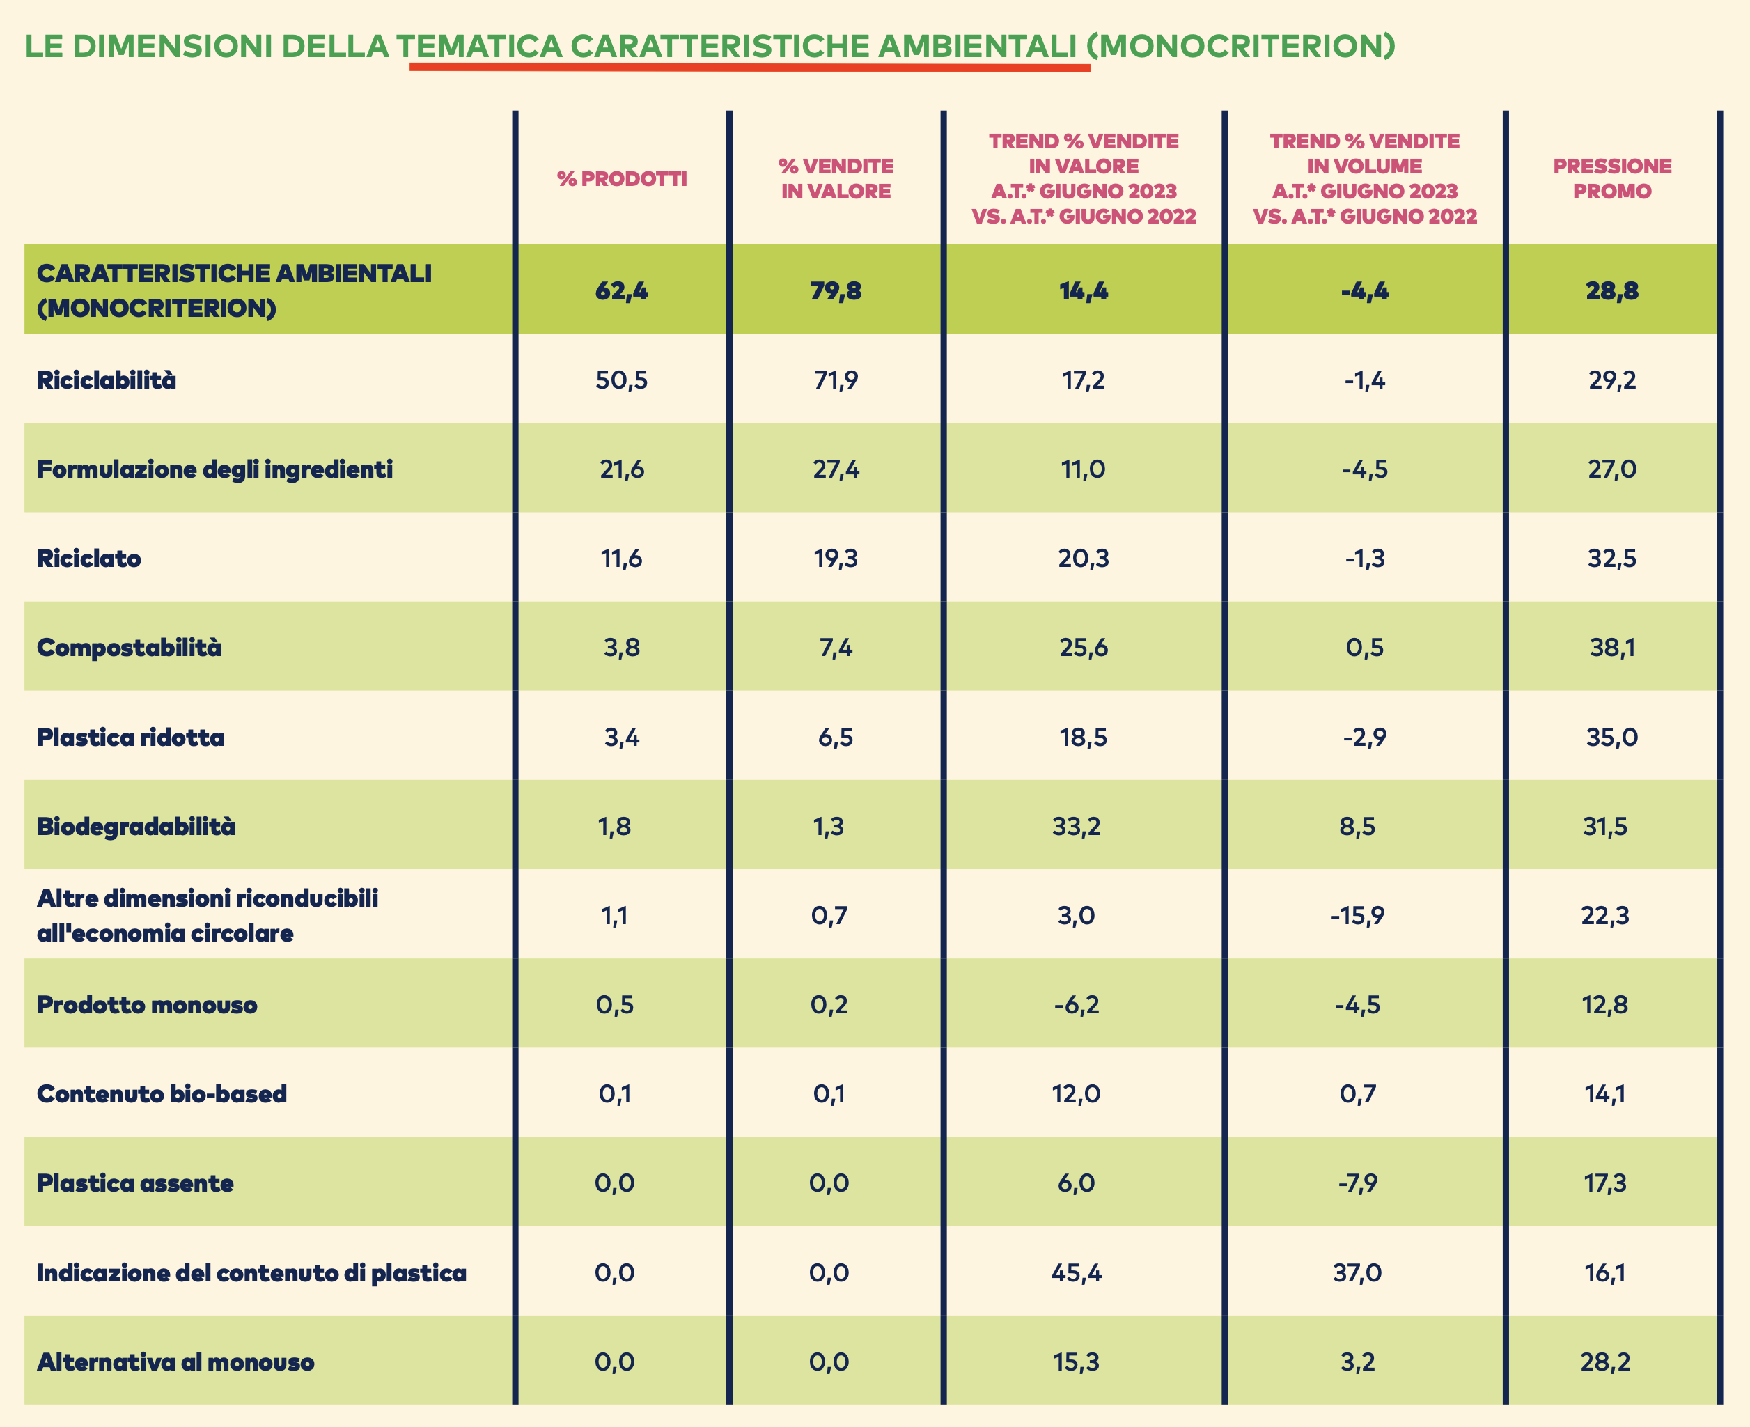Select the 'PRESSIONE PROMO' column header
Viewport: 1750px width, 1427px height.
coord(1612,178)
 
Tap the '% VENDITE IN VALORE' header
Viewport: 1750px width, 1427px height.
coord(836,178)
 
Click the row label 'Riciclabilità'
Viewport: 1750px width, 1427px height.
coord(107,380)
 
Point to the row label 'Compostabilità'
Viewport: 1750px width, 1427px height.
coord(129,648)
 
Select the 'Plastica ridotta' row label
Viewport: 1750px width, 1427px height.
coord(131,738)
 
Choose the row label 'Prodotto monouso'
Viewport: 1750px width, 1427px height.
coord(147,1004)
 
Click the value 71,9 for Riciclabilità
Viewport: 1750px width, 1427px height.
coord(836,380)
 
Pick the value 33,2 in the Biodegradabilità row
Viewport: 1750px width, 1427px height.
coord(1076,826)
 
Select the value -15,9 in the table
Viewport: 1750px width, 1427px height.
coord(1357,916)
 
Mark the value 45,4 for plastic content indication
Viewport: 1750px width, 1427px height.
coord(1076,1273)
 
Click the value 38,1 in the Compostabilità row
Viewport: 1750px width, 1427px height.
coord(1612,648)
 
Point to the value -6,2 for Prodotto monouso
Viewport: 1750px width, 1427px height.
coord(1076,1004)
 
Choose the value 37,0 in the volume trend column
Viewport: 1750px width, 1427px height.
coord(1357,1273)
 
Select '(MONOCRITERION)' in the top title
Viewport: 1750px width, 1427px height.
coord(1241,46)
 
